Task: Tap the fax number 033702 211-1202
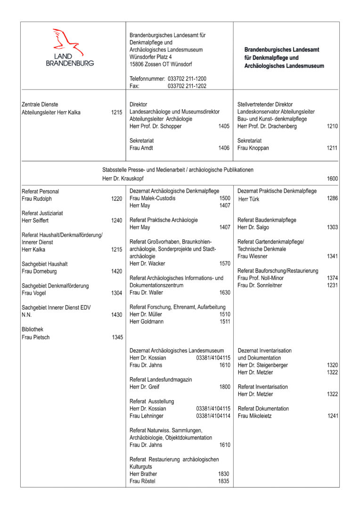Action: point(187,86)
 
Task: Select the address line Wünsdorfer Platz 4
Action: point(154,57)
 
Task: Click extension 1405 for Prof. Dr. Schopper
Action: point(224,126)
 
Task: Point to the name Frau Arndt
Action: point(141,148)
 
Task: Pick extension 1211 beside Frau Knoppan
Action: point(332,148)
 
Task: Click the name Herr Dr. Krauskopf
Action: point(123,179)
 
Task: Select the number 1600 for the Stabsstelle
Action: point(332,179)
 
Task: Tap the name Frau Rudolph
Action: point(37,199)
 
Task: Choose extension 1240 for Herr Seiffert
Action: point(117,221)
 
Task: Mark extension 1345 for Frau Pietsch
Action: point(117,337)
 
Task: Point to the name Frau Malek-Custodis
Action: point(152,198)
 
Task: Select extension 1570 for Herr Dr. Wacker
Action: point(225,263)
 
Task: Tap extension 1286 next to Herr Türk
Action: point(332,199)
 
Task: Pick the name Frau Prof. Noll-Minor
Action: point(261,278)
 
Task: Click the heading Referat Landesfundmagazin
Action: point(161,379)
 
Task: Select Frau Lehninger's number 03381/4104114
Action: point(213,416)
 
